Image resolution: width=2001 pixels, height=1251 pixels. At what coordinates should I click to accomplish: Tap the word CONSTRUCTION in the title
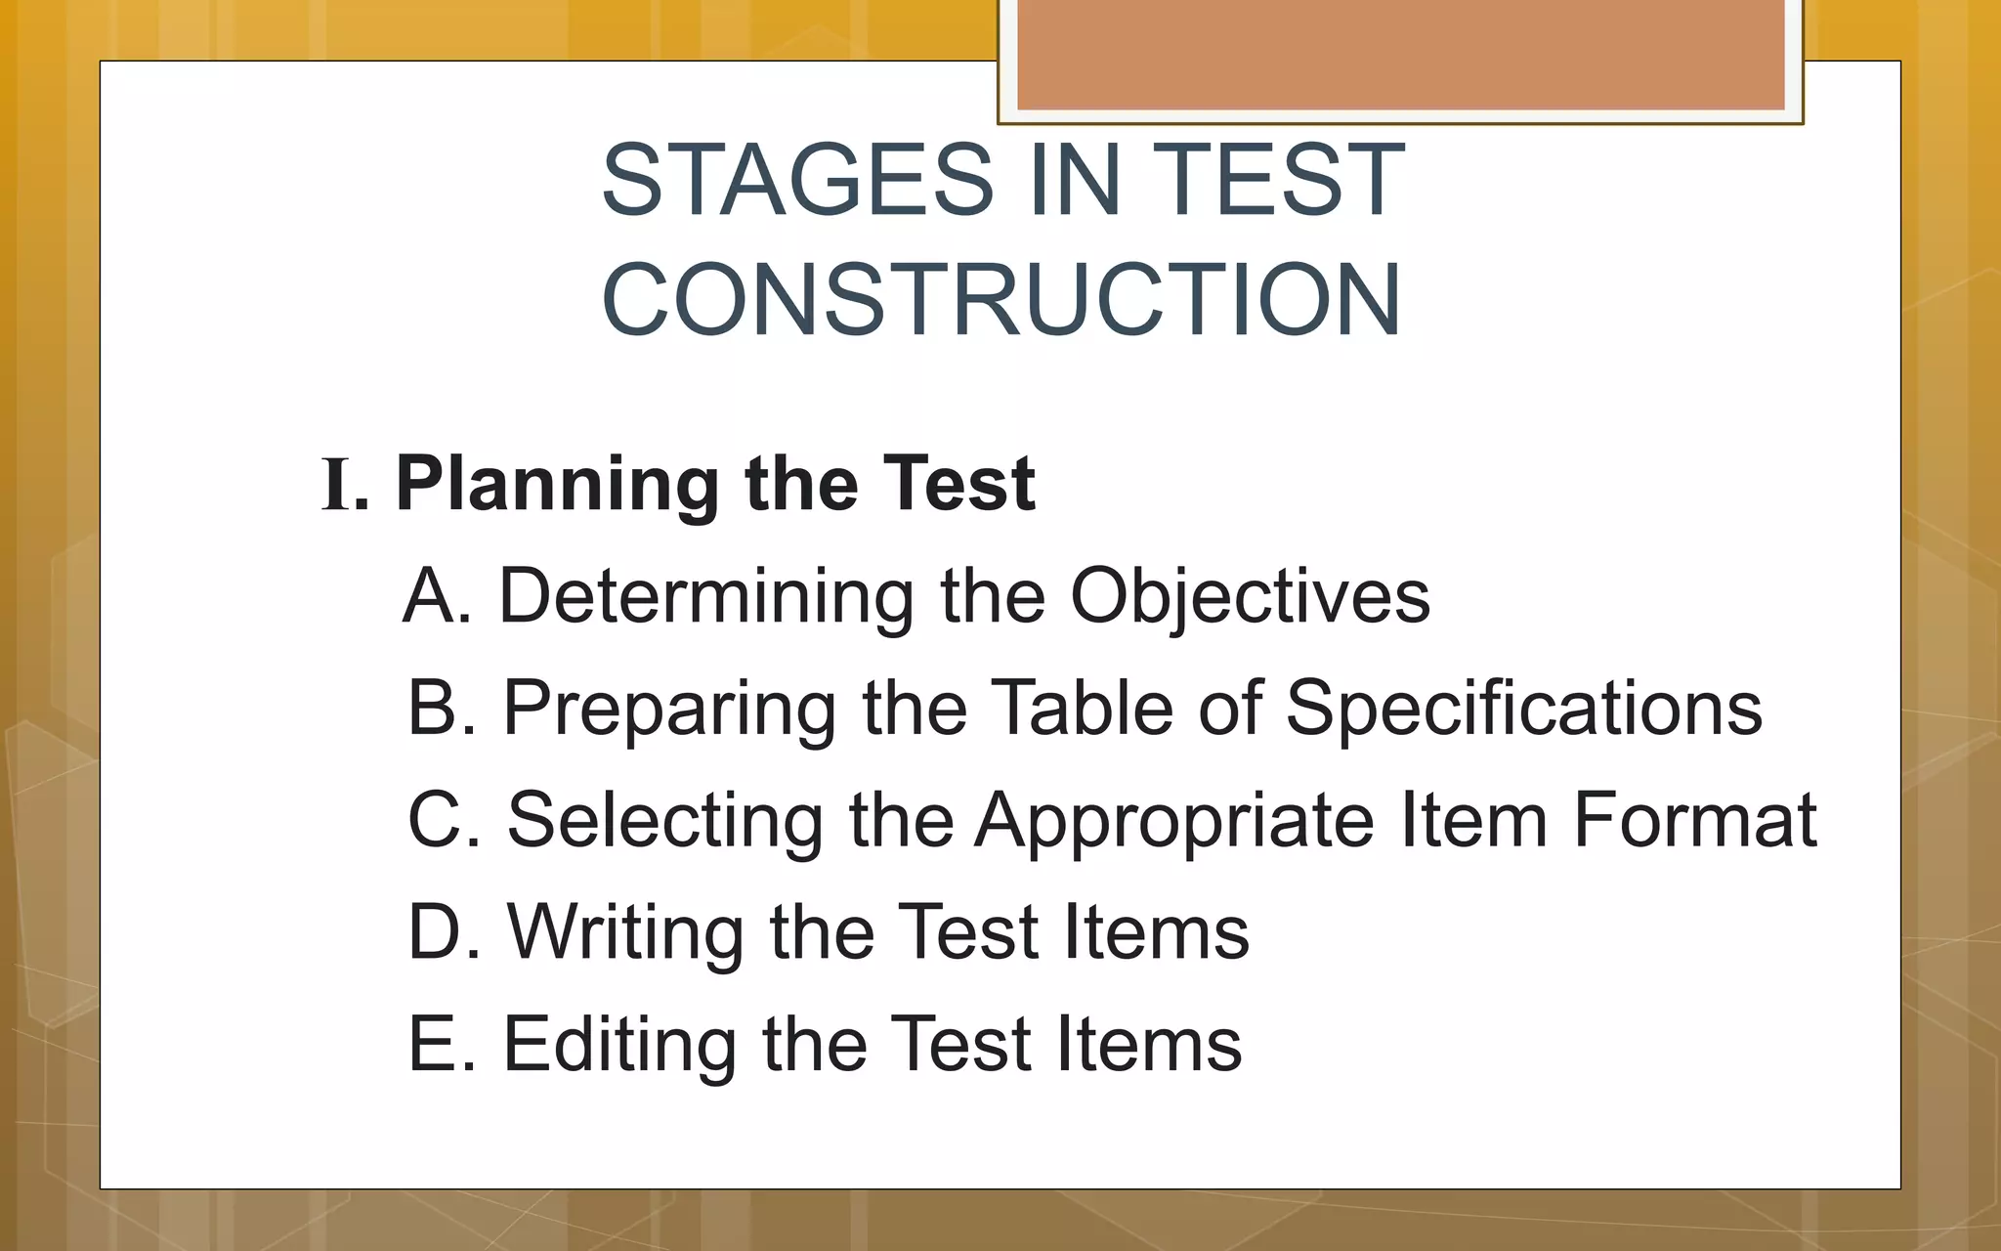(x=1001, y=300)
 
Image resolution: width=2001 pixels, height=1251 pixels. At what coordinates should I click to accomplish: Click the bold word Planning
(x=558, y=485)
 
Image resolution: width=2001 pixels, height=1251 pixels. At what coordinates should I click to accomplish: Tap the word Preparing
(x=669, y=708)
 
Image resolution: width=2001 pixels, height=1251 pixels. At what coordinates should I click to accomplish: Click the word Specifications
(x=1523, y=708)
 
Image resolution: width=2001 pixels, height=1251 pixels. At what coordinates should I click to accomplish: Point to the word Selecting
(x=664, y=820)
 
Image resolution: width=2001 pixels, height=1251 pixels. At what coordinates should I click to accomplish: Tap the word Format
(x=1694, y=820)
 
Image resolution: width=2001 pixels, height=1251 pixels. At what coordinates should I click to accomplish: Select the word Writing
(x=625, y=932)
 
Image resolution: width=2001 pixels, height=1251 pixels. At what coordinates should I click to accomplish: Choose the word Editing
(x=619, y=1044)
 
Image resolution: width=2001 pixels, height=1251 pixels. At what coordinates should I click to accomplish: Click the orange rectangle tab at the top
(x=1400, y=54)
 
